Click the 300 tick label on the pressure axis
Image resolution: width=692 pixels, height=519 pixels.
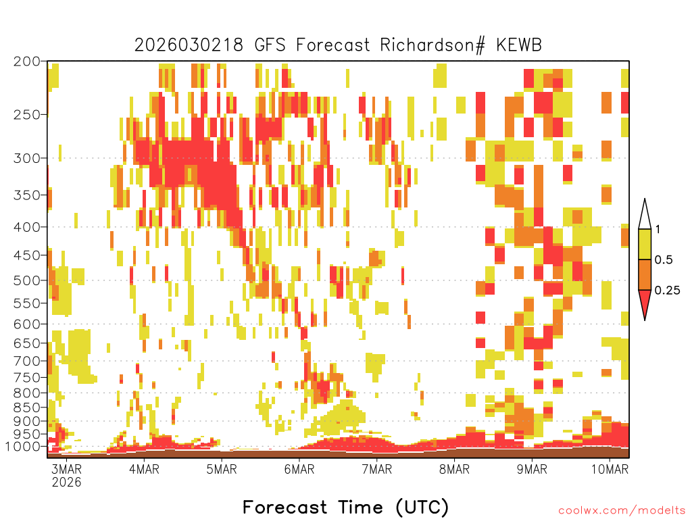26,158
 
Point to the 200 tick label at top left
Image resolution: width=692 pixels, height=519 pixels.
26,61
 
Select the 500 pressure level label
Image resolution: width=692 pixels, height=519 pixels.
26,280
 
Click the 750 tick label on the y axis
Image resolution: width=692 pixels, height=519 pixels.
26,378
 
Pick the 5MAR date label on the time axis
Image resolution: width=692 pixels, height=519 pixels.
222,469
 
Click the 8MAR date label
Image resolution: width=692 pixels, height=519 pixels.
454,469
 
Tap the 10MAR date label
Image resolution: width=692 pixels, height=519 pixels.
610,469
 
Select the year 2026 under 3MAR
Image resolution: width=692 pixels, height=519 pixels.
67,482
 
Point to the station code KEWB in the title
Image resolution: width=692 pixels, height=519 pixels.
519,45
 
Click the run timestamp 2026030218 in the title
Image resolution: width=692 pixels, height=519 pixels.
189,45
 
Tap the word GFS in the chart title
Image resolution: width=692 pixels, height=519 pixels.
270,45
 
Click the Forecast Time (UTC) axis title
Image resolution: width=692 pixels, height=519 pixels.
345,508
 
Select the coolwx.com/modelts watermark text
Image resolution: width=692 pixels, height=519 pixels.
622,511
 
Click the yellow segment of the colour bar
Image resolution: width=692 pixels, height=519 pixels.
645,244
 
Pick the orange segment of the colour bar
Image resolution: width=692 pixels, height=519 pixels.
645,274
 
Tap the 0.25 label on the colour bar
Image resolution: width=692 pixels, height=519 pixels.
667,290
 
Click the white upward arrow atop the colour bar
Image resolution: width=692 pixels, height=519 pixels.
645,214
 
